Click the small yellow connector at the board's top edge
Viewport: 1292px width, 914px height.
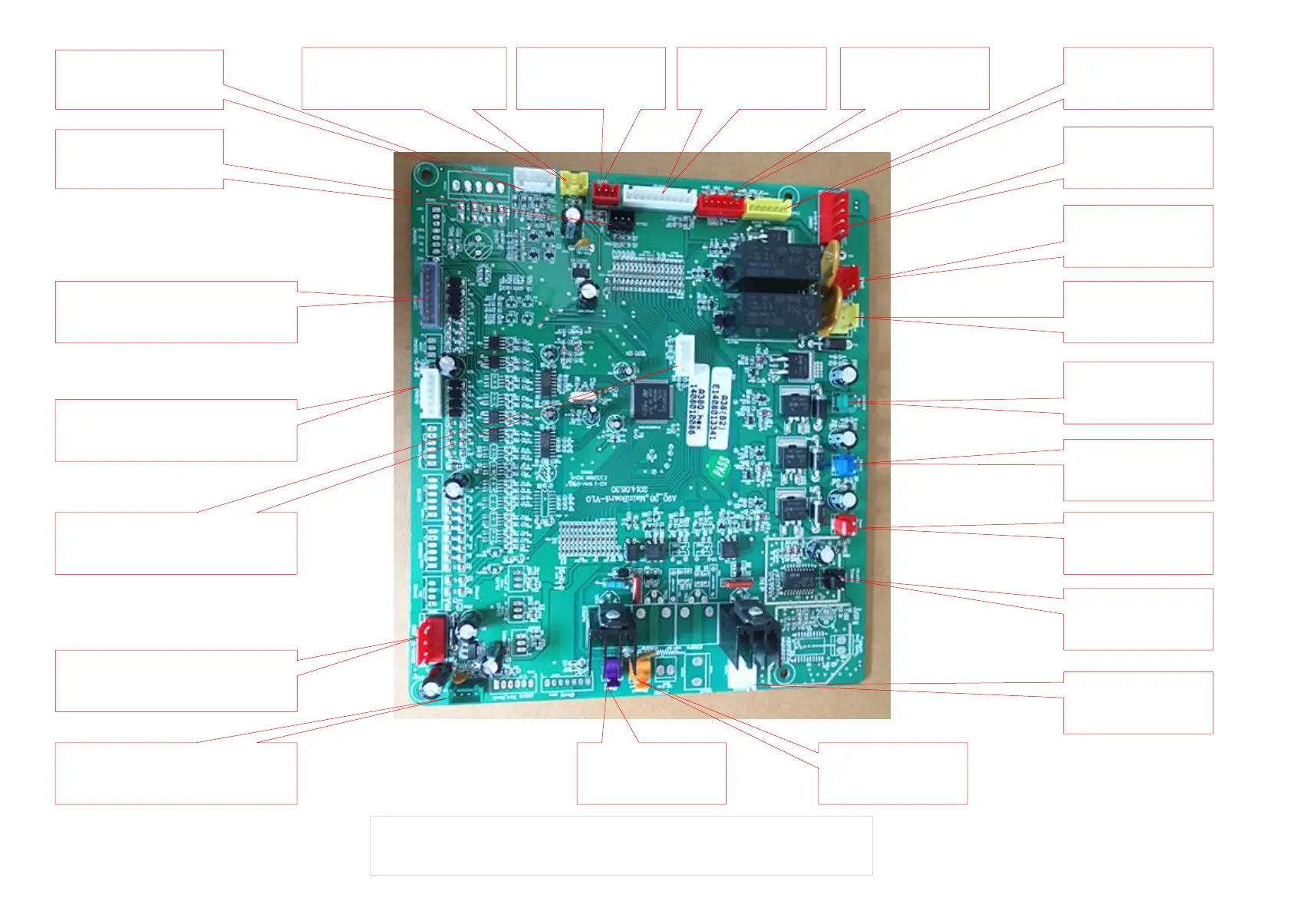tap(574, 182)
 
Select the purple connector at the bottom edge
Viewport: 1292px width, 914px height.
tap(611, 672)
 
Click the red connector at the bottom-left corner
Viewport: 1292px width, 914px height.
tap(430, 639)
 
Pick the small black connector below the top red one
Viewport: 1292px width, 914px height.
tap(621, 220)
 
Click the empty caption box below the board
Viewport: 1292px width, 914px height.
tap(621, 845)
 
